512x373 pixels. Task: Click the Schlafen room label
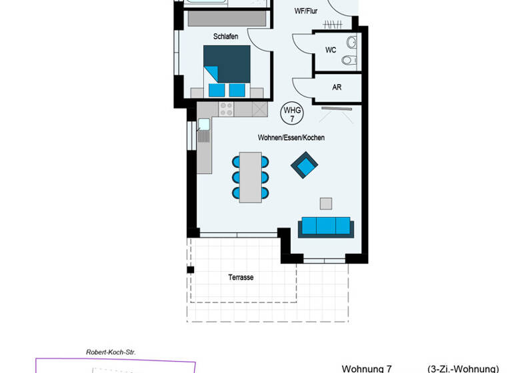tap(225, 37)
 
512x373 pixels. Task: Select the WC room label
tap(331, 50)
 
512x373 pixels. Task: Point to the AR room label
tap(337, 87)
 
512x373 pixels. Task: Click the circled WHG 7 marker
tap(292, 113)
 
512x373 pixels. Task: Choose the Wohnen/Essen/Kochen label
tap(291, 138)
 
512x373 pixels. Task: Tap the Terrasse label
tap(240, 277)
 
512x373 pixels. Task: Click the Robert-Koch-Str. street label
tap(106, 352)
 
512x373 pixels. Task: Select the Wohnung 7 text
tap(367, 368)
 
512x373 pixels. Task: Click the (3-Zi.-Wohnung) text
tap(463, 368)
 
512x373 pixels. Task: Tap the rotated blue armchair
tap(305, 165)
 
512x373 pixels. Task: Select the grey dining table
tap(251, 177)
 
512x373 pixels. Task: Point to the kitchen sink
tap(203, 124)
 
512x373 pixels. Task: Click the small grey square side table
tap(326, 203)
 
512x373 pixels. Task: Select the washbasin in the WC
tap(352, 43)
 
